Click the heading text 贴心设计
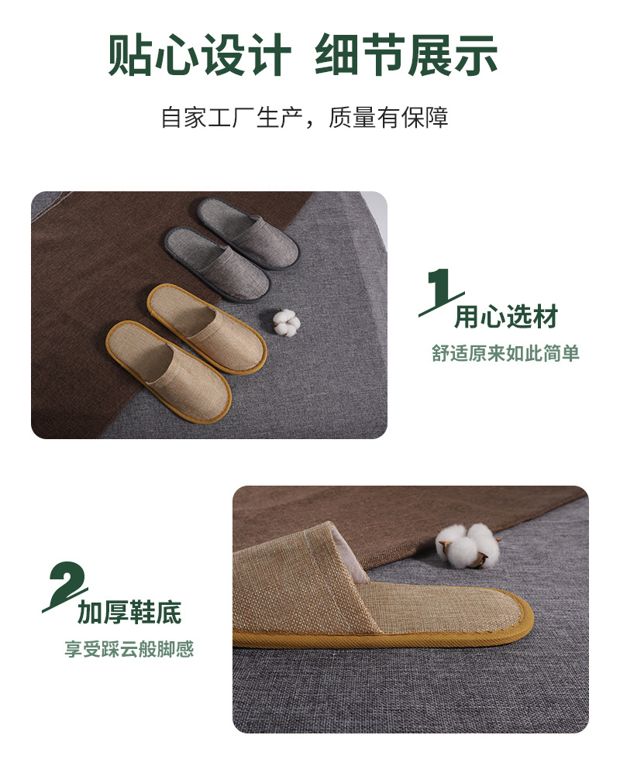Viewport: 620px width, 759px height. coord(199,56)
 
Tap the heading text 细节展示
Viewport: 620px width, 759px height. coord(406,56)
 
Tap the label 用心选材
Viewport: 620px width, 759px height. coord(505,317)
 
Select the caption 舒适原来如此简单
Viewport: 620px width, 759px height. coord(505,354)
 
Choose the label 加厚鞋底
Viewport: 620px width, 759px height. coord(129,612)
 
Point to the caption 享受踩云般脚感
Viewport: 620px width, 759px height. coord(129,649)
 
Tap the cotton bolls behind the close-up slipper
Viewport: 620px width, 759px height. coord(467,544)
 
